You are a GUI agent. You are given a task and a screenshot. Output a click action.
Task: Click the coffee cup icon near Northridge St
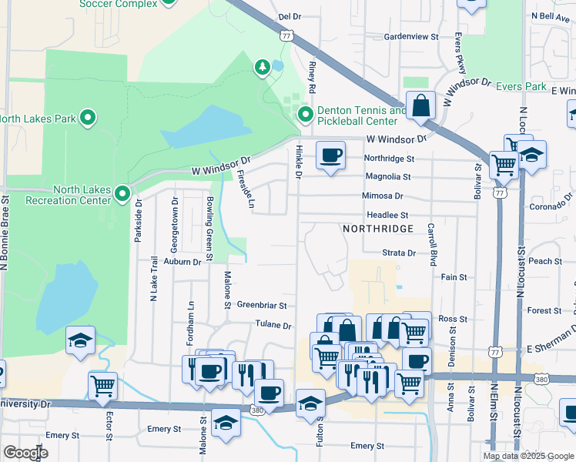[330, 156]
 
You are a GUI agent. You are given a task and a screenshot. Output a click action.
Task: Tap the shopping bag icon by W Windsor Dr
[421, 105]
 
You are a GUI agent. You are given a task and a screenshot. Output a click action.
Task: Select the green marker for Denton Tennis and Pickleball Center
[306, 115]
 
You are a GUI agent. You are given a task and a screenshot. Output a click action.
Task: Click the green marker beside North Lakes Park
[88, 118]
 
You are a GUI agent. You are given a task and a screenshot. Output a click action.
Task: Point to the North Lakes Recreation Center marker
[122, 194]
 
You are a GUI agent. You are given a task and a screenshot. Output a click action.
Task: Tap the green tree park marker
[262, 68]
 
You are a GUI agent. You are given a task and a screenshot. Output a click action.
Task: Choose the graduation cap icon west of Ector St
[80, 341]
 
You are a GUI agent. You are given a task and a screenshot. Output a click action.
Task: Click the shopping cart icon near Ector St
[102, 385]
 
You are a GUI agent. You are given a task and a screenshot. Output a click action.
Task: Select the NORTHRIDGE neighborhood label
[377, 229]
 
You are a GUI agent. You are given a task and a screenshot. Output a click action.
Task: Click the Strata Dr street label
[399, 253]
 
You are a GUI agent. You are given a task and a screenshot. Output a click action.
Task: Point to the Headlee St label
[387, 216]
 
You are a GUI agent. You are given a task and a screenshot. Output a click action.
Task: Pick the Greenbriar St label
[261, 305]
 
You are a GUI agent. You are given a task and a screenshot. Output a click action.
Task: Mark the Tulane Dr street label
[273, 326]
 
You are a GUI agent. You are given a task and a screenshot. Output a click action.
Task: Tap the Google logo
[25, 454]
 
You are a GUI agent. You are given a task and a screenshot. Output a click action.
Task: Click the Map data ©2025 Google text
[527, 456]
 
